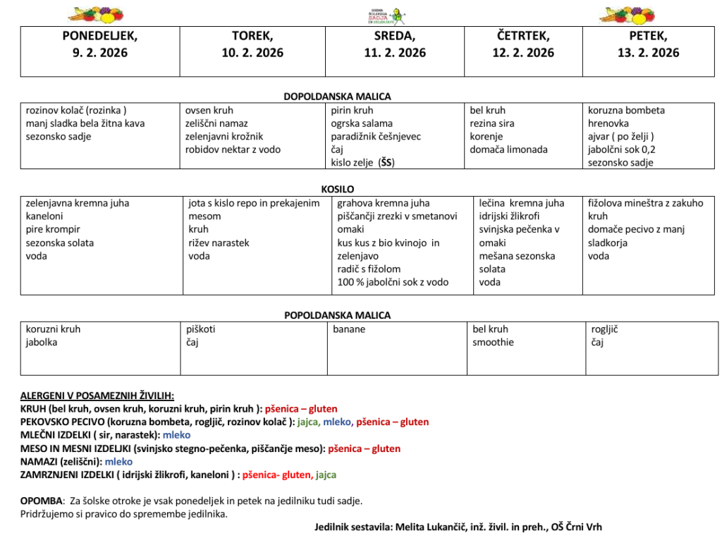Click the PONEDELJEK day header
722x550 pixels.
[100, 35]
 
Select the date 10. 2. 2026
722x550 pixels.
[252, 53]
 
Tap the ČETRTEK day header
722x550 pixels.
[523, 35]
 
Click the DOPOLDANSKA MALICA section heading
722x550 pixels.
[337, 97]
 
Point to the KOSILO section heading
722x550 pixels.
[337, 189]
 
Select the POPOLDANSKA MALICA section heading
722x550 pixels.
[337, 315]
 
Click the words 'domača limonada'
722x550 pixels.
[508, 149]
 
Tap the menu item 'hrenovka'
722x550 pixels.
[608, 123]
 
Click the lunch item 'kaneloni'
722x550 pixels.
[44, 216]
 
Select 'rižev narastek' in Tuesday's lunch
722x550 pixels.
[219, 243]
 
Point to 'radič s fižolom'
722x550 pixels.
[369, 269]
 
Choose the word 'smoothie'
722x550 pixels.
[493, 342]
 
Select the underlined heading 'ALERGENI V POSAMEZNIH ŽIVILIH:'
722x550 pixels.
[97, 396]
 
